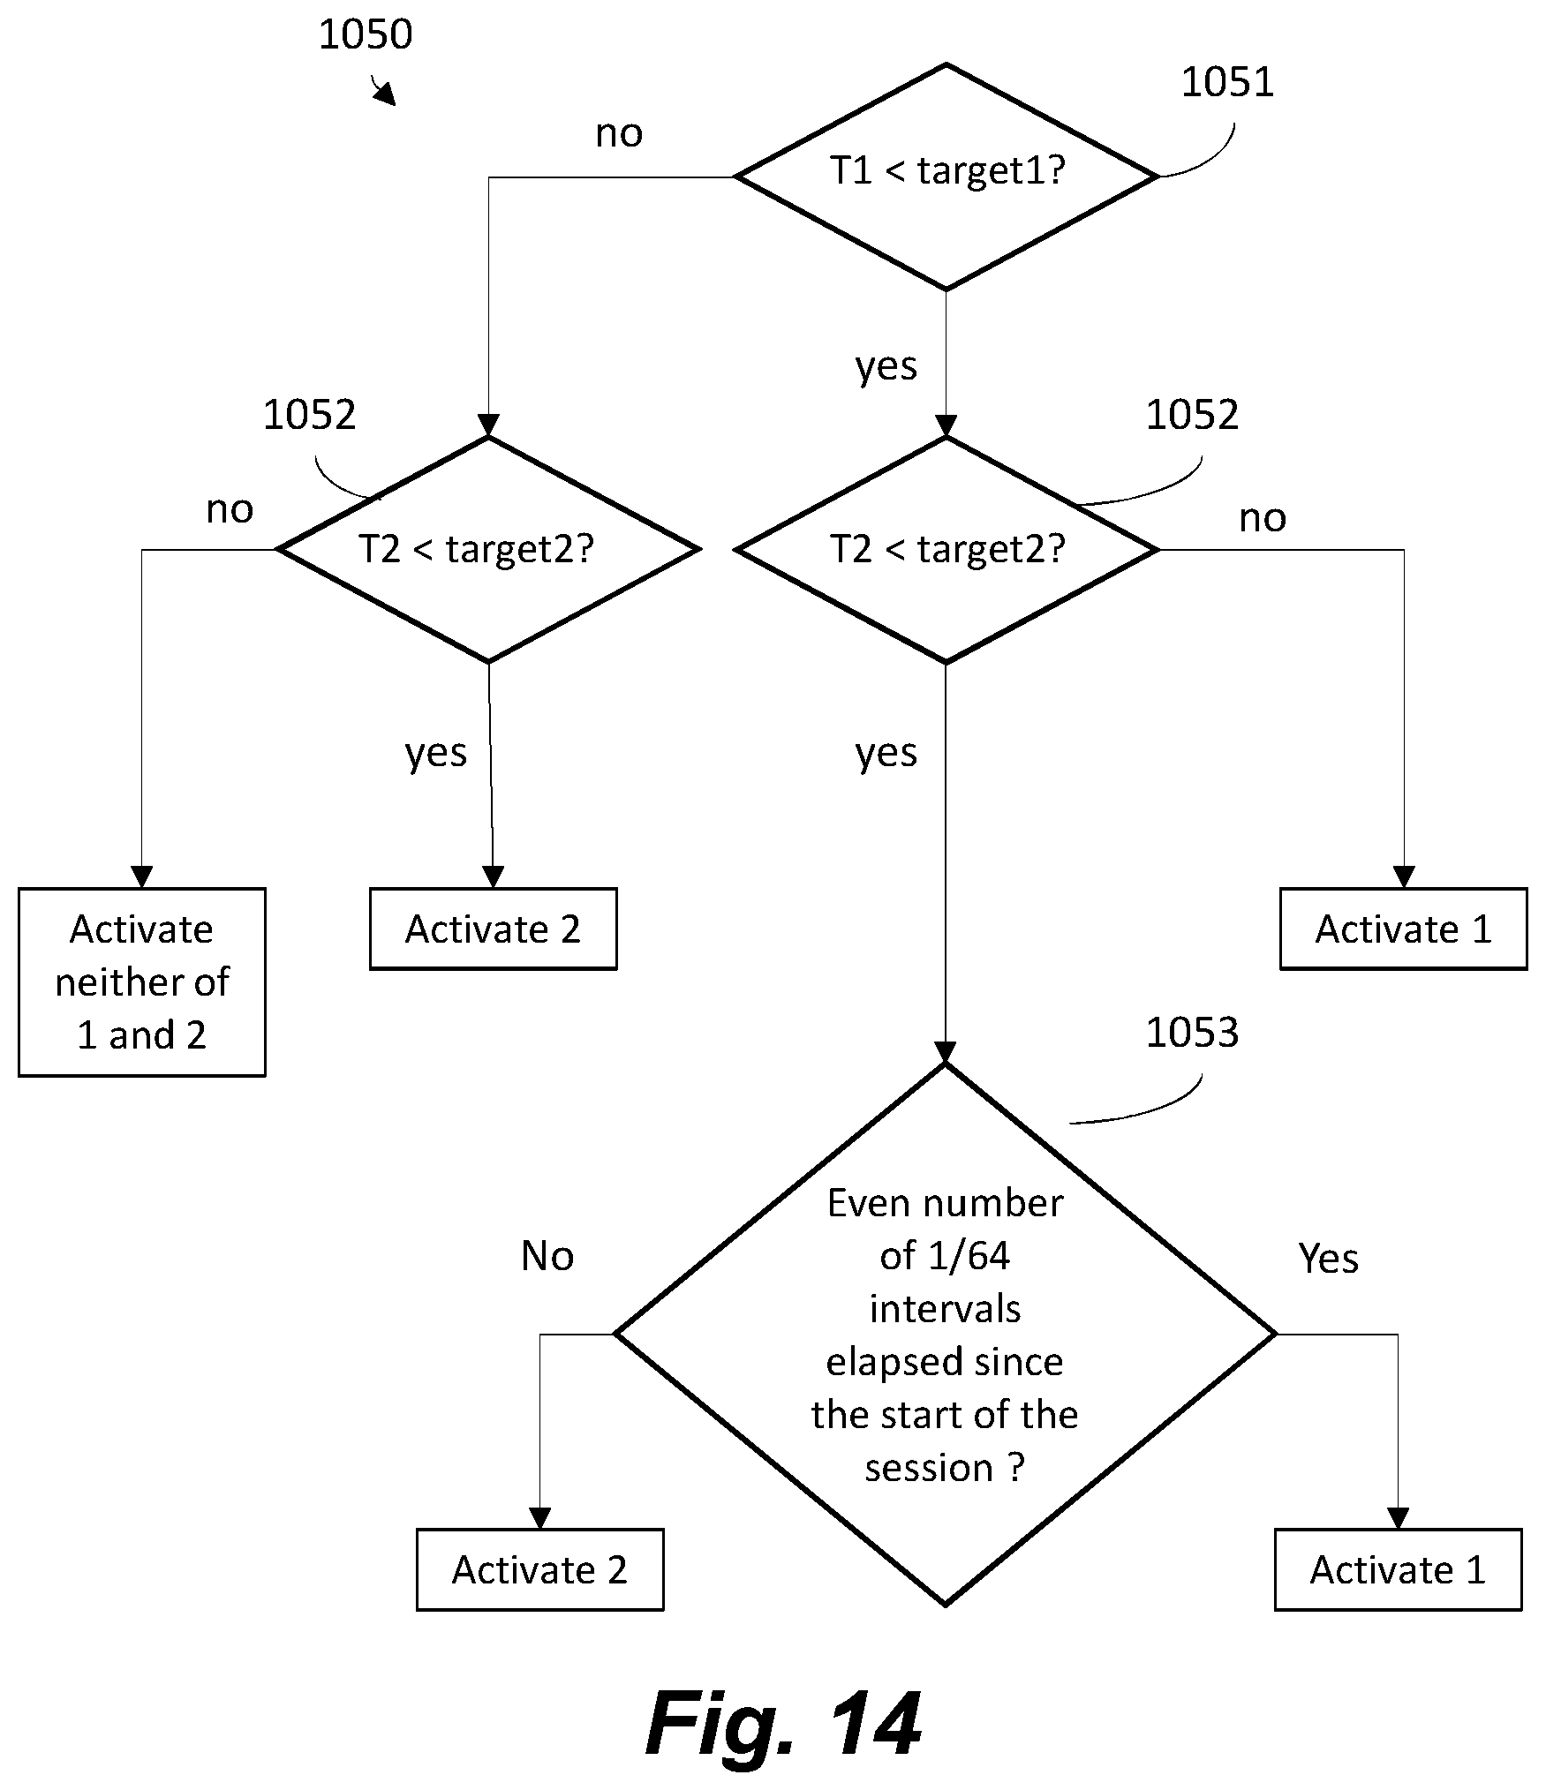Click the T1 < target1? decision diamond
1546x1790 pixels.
946,177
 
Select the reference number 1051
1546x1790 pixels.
1227,82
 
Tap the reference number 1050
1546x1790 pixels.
365,34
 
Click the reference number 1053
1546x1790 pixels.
1192,1032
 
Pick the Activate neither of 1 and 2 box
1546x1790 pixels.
142,981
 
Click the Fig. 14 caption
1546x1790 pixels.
783,1725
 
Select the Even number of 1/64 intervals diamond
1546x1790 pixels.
945,1334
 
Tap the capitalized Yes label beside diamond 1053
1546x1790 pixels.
1328,1258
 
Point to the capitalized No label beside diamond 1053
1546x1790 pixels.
547,1255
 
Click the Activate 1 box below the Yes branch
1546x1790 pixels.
1398,1569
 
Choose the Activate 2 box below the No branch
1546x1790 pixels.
539,1569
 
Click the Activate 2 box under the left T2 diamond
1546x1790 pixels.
493,929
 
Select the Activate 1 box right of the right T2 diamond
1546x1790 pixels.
1403,929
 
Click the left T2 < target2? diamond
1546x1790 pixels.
488,549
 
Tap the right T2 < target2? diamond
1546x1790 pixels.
946,549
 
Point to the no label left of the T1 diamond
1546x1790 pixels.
619,133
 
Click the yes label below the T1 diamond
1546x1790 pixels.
886,366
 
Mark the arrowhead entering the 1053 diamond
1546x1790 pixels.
945,1053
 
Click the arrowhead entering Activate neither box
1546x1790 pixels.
141,877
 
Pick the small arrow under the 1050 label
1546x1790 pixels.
383,91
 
